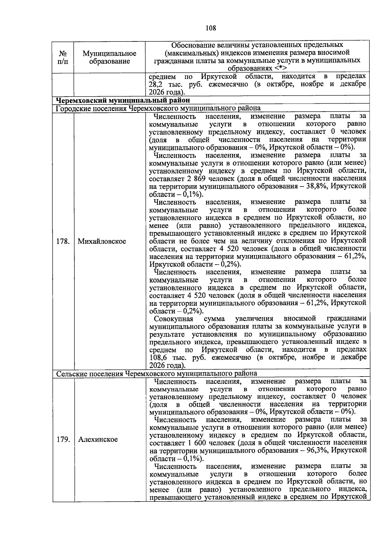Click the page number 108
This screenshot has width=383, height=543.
coord(211,28)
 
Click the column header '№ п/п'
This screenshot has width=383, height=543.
coord(63,57)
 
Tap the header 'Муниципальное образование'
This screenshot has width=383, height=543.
coord(109,57)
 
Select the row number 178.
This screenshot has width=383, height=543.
coord(63,241)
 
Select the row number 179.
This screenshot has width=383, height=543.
coord(63,439)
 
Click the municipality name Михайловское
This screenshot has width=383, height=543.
coord(102,241)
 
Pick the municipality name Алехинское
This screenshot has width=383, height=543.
coord(98,439)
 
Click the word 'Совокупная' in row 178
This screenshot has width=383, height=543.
coord(174,319)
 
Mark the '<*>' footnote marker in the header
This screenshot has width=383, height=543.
coord(280,68)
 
